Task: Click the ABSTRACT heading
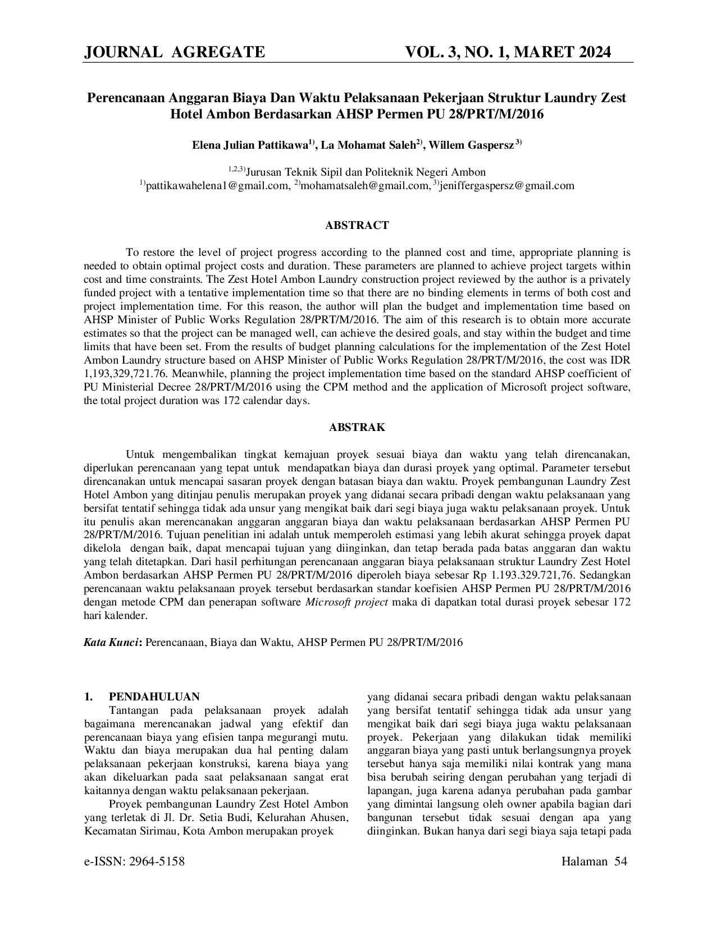click(357, 226)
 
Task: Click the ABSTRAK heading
click(357, 428)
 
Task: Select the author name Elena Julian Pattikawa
click(249, 145)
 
